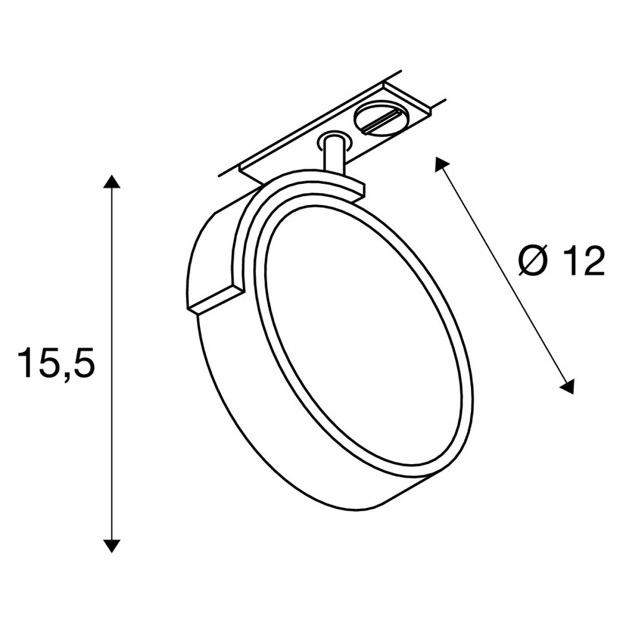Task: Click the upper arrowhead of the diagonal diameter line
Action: tap(443, 164)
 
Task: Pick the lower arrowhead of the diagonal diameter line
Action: tap(567, 386)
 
